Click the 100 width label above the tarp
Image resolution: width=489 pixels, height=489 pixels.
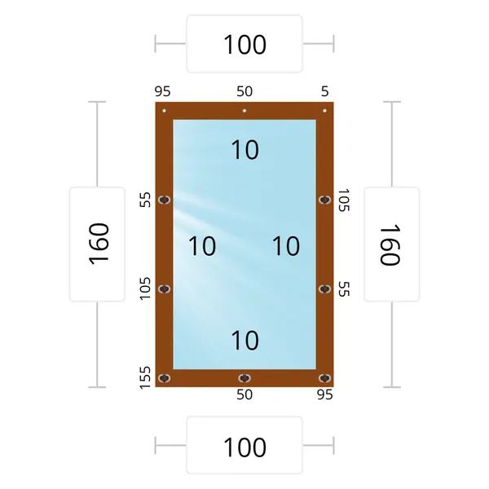(x=244, y=44)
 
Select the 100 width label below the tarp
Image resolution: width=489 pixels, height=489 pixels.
(x=244, y=447)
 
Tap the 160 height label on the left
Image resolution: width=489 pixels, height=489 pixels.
(x=99, y=244)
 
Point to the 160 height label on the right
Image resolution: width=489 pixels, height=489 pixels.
(x=390, y=244)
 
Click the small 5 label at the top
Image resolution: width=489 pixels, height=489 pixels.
(x=325, y=91)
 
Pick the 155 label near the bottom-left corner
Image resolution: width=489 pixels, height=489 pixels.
(x=145, y=377)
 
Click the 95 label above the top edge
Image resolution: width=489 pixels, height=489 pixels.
(x=162, y=91)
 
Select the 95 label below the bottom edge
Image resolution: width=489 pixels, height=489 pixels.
(x=325, y=394)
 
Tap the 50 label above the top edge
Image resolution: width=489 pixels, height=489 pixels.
(x=244, y=91)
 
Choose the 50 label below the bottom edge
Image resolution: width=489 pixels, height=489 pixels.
(x=244, y=394)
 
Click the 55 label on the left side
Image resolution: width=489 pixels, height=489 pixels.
(x=145, y=200)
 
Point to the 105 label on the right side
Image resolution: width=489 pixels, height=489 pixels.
(x=344, y=200)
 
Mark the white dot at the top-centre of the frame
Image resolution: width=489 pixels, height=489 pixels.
(x=244, y=110)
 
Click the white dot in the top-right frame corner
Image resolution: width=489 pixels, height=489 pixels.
(x=324, y=110)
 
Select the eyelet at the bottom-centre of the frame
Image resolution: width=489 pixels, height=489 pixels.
(x=244, y=378)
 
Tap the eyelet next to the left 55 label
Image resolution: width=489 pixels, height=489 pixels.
(x=165, y=200)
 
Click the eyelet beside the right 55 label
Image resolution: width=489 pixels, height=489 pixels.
(x=324, y=289)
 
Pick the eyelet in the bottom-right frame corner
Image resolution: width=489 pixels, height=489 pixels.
(x=324, y=378)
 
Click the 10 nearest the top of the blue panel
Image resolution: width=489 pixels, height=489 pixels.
(x=244, y=150)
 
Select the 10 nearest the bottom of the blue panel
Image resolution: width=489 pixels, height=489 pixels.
(x=244, y=340)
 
